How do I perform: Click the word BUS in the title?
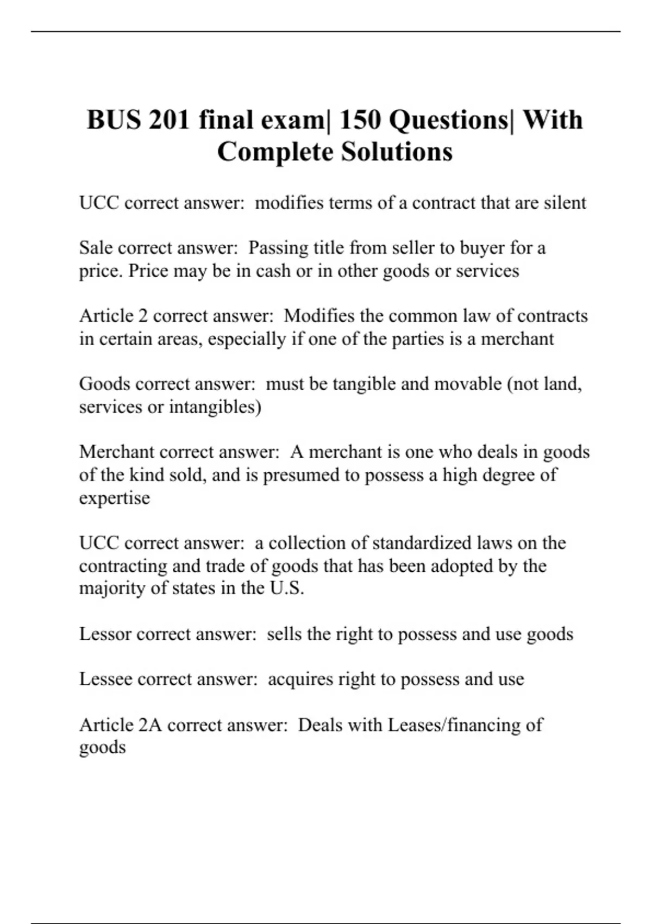pos(112,120)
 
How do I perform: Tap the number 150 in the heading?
pos(360,120)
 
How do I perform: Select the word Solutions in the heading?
pos(397,152)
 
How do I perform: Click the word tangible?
pos(363,384)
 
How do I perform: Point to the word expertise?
pos(114,498)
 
